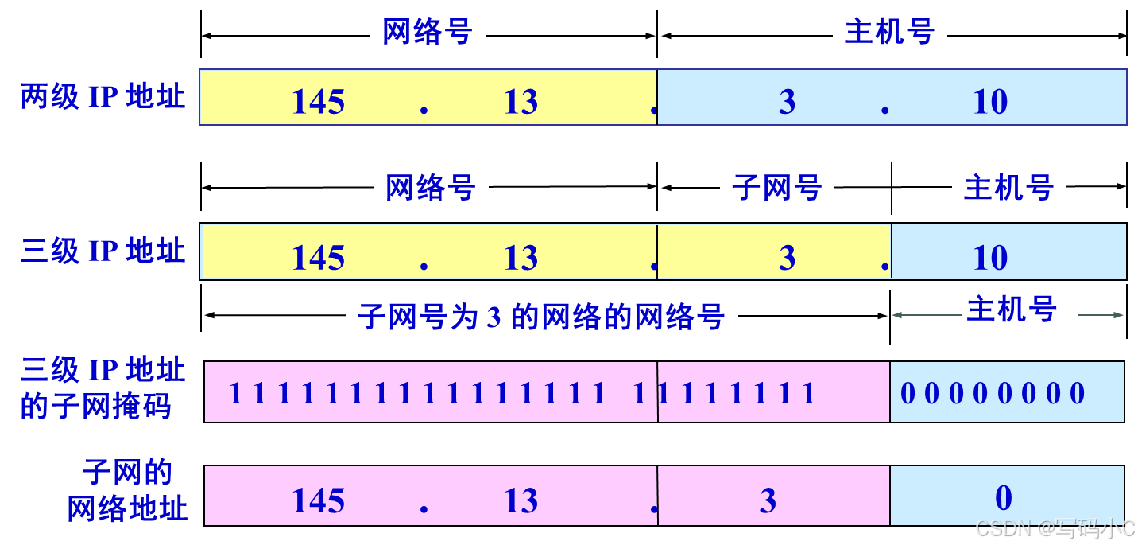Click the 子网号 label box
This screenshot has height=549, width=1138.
[x=776, y=188]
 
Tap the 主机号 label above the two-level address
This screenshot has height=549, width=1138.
[x=889, y=32]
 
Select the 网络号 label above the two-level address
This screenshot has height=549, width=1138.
[x=428, y=32]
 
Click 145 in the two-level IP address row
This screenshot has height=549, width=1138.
[x=318, y=102]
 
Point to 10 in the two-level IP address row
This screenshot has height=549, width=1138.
[x=990, y=102]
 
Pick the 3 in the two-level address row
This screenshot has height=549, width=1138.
[x=787, y=102]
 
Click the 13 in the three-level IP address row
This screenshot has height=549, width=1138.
[x=521, y=258]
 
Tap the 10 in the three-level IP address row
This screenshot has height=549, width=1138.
[x=990, y=258]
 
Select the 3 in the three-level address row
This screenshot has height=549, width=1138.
[x=787, y=258]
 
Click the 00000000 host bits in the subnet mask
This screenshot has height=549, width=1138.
[x=993, y=393]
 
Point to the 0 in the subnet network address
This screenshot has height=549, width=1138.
[x=1004, y=498]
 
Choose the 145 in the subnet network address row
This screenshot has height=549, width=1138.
[x=318, y=500]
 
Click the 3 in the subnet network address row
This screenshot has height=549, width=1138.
[x=768, y=500]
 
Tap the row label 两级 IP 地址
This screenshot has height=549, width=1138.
[x=103, y=97]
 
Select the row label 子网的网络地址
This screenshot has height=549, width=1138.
[x=127, y=491]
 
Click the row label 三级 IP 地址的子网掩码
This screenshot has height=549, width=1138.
[x=103, y=388]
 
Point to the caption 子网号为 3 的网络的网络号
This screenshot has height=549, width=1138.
[x=541, y=317]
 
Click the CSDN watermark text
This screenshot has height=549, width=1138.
[x=1054, y=528]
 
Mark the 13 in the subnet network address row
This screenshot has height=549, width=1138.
[x=521, y=500]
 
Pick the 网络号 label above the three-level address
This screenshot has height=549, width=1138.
[x=431, y=188]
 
